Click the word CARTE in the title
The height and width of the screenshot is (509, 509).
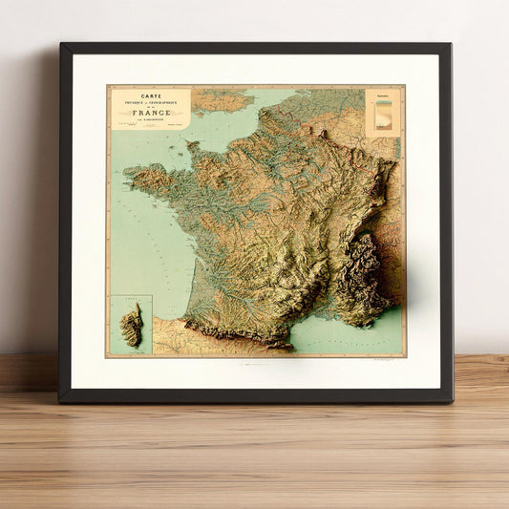150,95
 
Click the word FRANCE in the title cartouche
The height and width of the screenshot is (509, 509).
150,112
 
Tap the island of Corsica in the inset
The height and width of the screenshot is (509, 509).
130,325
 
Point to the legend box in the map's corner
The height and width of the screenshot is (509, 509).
385,113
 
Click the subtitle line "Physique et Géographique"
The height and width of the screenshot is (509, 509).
150,103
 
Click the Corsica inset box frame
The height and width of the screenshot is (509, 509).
110,325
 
